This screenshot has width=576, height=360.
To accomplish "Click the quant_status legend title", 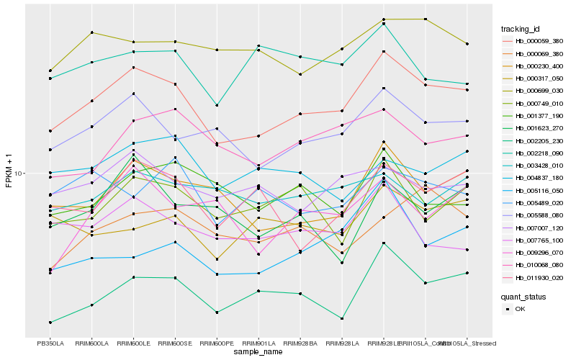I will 523,297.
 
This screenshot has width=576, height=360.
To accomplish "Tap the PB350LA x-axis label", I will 50,343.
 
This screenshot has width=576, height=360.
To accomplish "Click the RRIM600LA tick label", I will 91,343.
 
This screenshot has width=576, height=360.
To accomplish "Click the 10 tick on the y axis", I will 19,174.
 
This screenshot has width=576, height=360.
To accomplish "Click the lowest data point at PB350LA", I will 50,322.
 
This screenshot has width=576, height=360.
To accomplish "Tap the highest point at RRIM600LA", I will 91,32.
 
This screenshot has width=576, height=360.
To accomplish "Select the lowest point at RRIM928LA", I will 341,318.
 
